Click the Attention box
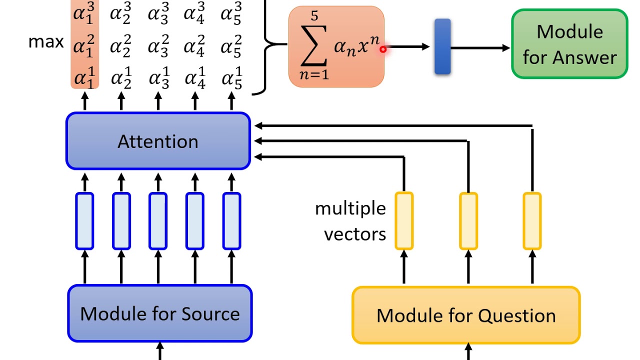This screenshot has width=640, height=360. (x=158, y=141)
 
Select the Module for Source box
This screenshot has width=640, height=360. (x=160, y=313)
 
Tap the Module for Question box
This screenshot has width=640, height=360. (x=466, y=315)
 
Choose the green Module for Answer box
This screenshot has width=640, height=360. (x=569, y=44)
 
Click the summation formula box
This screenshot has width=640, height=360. (x=336, y=47)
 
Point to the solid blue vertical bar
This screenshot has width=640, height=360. (x=442, y=46)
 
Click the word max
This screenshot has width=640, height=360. (x=46, y=41)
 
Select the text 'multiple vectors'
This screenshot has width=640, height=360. (x=350, y=221)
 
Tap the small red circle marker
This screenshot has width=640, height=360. (x=383, y=49)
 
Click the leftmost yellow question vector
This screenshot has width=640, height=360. (x=404, y=220)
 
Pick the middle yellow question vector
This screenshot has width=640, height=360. (x=468, y=220)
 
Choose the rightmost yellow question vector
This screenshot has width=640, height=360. (x=532, y=220)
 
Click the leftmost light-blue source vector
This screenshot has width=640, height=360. (x=84, y=221)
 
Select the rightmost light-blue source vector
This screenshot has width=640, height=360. (x=231, y=221)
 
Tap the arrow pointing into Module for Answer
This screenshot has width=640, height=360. (x=480, y=48)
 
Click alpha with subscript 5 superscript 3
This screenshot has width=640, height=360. (x=231, y=13)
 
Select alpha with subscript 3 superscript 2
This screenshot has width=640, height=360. (x=158, y=46)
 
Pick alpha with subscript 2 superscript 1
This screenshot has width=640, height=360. (x=121, y=79)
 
